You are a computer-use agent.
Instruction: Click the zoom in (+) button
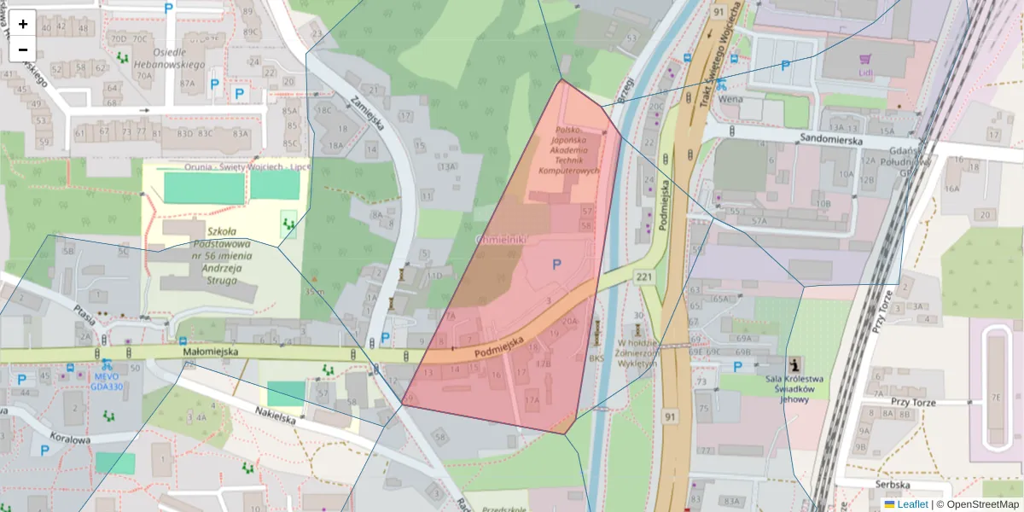tap(23, 24)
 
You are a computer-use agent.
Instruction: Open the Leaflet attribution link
tap(912, 504)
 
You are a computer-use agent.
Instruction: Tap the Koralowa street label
tap(70, 440)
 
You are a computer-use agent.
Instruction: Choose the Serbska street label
tap(893, 484)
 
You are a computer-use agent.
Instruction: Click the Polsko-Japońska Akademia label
tap(568, 150)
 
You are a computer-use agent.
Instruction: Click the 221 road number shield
tap(643, 276)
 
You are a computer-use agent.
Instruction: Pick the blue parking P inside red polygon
tap(556, 265)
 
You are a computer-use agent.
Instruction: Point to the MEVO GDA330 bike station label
tap(107, 380)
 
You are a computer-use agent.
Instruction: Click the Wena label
tap(730, 98)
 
